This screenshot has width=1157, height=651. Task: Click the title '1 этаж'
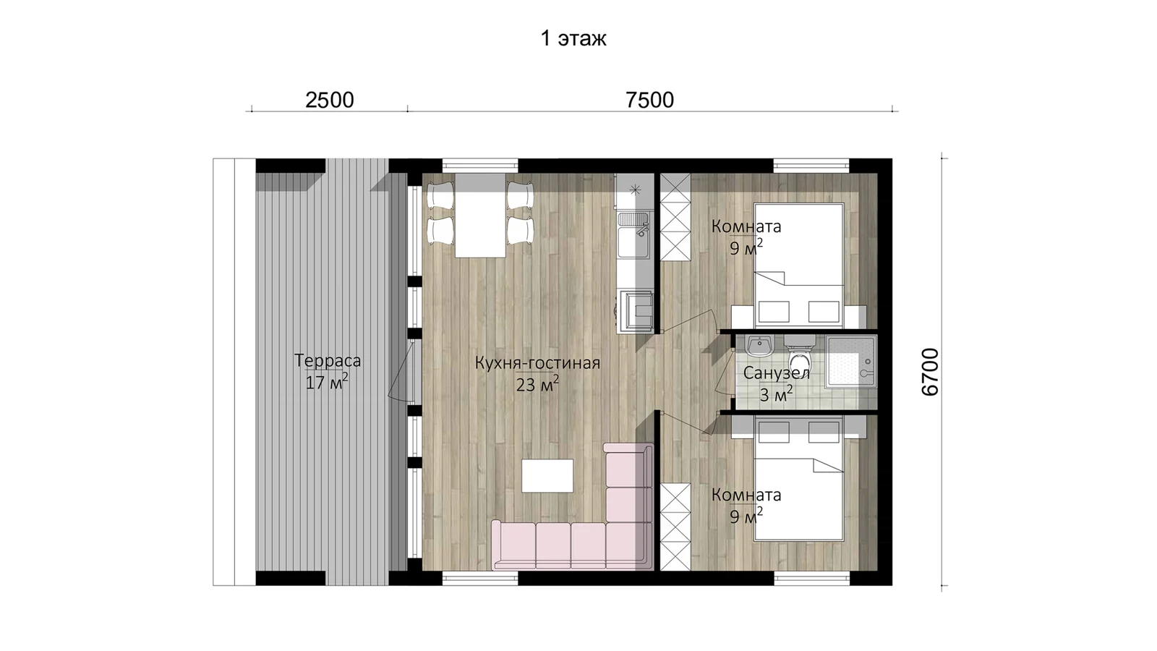pos(573,38)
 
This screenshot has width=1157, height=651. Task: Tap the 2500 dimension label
pos(330,101)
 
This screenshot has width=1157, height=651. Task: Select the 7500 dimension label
pos(650,101)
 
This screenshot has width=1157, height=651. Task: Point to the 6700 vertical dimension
pos(930,372)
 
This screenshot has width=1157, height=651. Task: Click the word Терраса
pos(328,360)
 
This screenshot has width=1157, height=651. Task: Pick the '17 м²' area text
pos(326,382)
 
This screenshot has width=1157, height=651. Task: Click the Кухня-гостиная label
pos(537,363)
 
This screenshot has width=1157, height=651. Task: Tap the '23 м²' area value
pos(537,384)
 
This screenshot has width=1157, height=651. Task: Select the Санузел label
pos(777,373)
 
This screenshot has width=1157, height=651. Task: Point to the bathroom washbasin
pos(759,346)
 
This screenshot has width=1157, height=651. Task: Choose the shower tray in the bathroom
pos(850,361)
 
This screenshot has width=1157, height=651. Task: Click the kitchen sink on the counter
pos(634,236)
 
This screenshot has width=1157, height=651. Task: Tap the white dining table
pos(480,216)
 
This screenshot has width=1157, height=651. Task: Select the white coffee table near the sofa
pos(547,476)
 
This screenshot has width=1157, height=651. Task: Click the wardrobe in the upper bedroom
pos(675,217)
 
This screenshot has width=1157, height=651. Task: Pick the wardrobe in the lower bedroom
pos(675,527)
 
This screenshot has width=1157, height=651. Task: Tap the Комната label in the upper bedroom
pos(746,226)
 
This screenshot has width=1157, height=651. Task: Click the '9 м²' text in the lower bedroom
pos(746,516)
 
